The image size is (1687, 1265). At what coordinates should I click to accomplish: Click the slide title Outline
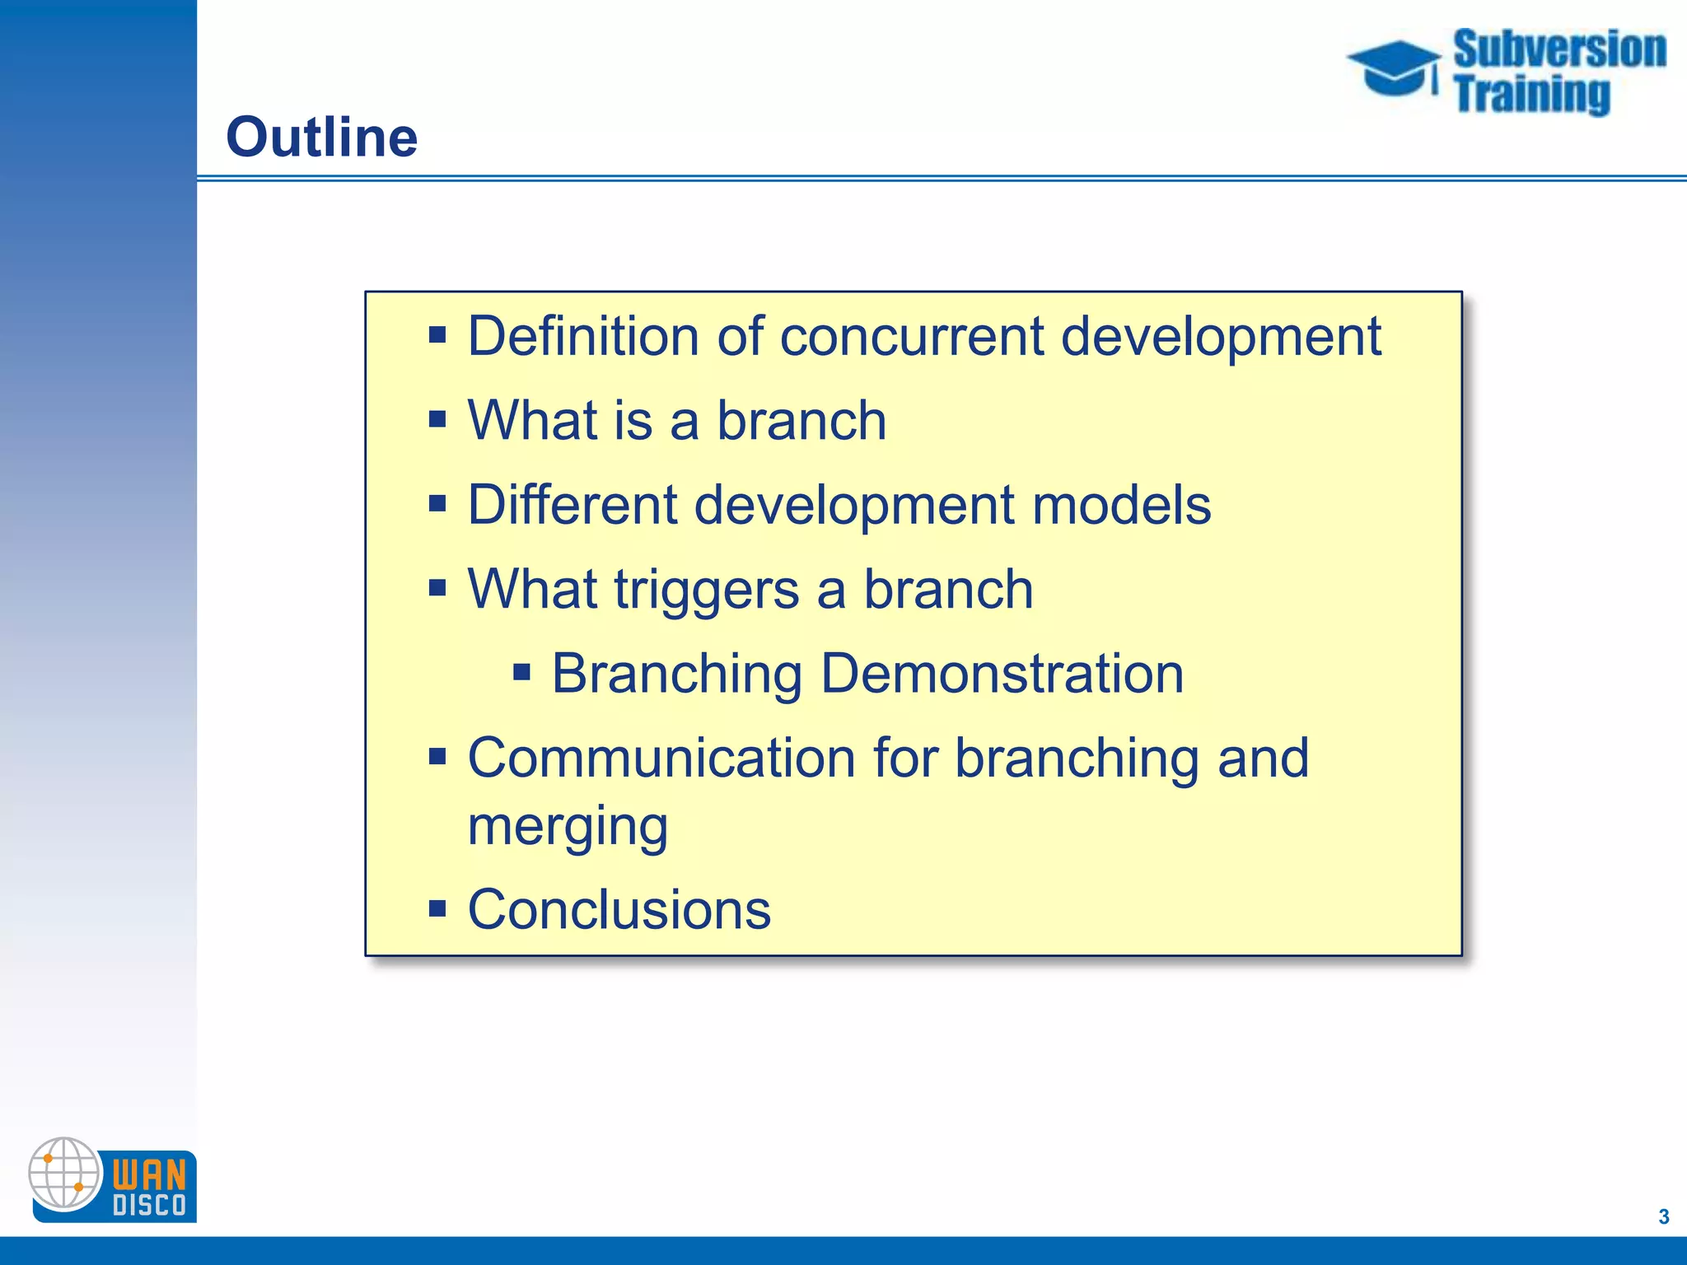click(321, 137)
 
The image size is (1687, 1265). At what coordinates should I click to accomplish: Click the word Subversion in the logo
click(1559, 49)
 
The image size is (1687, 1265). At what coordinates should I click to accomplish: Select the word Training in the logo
click(1531, 94)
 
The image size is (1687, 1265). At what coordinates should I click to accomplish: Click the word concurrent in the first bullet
click(912, 337)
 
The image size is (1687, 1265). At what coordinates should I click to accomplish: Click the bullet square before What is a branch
click(437, 420)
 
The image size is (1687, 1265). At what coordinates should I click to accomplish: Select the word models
click(1121, 505)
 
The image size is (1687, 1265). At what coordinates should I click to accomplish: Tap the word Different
click(572, 505)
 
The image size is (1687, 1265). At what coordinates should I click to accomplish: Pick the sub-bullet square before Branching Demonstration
click(521, 674)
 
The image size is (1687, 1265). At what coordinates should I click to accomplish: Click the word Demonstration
click(1002, 674)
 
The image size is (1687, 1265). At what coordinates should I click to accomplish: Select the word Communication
click(661, 758)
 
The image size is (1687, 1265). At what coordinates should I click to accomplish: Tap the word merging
click(568, 825)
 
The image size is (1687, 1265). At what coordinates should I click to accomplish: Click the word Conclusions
click(619, 910)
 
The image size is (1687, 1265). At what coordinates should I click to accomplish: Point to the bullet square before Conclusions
click(437, 910)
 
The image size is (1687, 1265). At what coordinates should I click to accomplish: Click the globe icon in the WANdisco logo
click(64, 1173)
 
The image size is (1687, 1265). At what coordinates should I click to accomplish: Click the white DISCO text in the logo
click(149, 1206)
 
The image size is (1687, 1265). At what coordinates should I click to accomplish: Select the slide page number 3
click(1663, 1216)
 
